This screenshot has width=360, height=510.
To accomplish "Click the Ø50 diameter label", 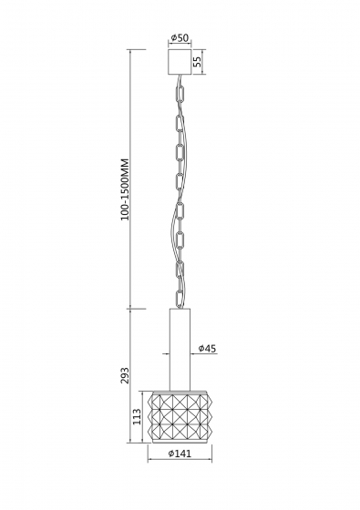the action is click(180, 37).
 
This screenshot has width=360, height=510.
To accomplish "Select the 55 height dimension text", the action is click(197, 61).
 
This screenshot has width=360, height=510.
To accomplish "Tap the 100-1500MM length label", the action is click(125, 189).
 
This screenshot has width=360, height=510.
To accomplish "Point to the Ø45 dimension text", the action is click(207, 348).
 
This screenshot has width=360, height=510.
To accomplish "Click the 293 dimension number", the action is click(125, 375).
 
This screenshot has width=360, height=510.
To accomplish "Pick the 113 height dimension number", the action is click(137, 417).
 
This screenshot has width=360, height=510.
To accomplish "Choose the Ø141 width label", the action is click(180, 454).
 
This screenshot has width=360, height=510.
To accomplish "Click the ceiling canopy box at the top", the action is click(180, 62).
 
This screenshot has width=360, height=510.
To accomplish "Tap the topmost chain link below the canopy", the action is click(180, 94).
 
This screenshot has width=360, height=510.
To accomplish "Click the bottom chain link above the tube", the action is click(180, 299).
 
